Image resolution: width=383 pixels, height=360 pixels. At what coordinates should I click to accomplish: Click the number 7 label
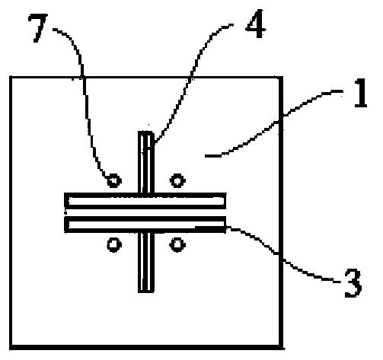(x=38, y=28)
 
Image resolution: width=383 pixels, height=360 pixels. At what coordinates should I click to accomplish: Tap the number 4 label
(x=256, y=24)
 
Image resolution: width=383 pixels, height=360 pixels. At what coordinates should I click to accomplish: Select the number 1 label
(x=361, y=93)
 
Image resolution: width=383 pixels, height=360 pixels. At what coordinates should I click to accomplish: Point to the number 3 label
(x=353, y=283)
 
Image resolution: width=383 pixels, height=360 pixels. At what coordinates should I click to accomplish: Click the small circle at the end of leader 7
(x=114, y=180)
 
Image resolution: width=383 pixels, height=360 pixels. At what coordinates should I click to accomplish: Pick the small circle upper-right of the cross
(x=177, y=180)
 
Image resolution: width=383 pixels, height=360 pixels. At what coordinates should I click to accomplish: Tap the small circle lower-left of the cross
(x=114, y=244)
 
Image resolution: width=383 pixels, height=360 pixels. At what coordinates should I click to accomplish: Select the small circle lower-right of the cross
(x=177, y=244)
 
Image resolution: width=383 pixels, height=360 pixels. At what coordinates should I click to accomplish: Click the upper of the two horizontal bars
(x=145, y=201)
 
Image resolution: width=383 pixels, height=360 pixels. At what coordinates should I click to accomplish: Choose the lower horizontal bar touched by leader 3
(x=145, y=225)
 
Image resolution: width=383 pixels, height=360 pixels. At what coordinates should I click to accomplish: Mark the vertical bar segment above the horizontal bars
(x=146, y=162)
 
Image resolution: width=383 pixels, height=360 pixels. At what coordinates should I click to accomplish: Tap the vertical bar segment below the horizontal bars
(x=146, y=263)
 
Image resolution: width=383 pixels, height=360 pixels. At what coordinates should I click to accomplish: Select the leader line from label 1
(x=276, y=123)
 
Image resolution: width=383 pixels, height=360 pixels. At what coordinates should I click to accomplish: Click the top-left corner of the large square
(x=11, y=77)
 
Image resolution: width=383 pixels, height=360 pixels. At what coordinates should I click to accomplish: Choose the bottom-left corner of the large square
(x=11, y=347)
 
